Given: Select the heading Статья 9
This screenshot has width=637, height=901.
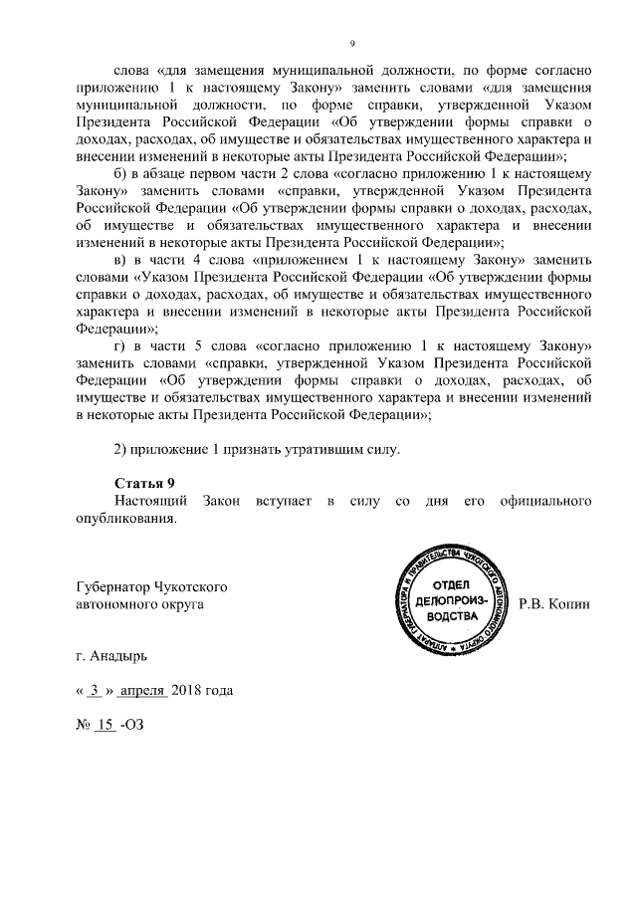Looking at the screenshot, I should point(144,483).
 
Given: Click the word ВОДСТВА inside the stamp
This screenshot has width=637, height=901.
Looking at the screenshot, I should point(453,617).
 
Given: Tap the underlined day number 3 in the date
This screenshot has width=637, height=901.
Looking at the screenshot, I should point(95,691).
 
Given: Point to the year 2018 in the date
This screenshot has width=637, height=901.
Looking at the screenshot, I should point(189,691).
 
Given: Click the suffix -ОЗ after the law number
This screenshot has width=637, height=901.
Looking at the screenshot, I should point(132,725).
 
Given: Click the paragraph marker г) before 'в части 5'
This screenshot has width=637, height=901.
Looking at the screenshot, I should point(120,344).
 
